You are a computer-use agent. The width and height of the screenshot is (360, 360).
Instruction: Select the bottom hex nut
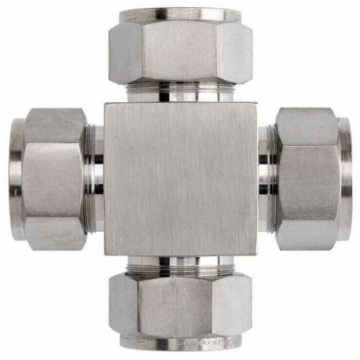pos(180,307)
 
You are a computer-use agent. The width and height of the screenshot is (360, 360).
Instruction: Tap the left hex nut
pos(52,179)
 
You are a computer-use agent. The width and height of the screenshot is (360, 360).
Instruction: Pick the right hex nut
pos(308,179)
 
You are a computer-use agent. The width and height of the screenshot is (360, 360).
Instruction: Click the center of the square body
pos(180,179)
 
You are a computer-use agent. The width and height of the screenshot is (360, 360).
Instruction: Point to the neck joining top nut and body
pos(180,92)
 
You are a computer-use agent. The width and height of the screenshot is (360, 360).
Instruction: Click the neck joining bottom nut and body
pos(180,266)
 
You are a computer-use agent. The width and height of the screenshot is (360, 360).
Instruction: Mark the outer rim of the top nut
pos(180,14)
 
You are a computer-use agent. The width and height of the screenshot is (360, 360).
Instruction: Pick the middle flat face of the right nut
pos(308,179)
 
